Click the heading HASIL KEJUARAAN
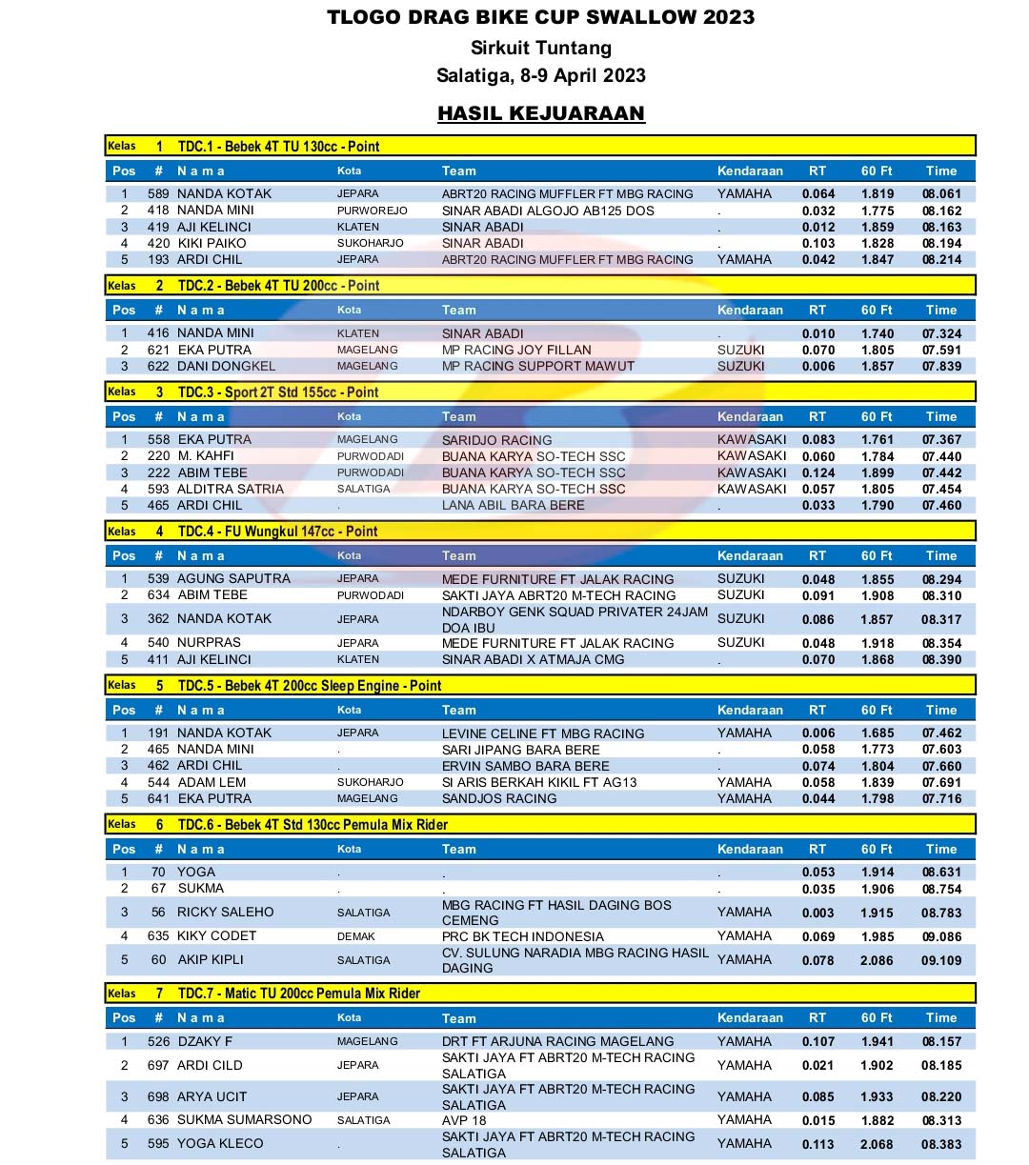coord(540,113)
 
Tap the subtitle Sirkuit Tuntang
coord(540,48)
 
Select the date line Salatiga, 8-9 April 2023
coord(540,75)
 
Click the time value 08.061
coord(941,194)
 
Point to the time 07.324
coord(941,334)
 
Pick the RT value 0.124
coord(817,473)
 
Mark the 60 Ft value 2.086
coord(877,961)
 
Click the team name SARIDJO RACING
coord(496,440)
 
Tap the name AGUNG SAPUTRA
coord(233,579)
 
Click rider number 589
coord(158,194)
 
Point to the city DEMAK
coord(355,937)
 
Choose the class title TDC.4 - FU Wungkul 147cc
coord(277,532)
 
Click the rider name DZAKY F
coord(205,1042)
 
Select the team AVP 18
coord(464,1121)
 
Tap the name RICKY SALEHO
coord(225,913)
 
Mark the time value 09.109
coord(941,961)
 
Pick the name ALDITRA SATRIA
coord(231,490)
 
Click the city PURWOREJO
coord(372,211)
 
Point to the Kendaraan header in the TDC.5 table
coord(750,711)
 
